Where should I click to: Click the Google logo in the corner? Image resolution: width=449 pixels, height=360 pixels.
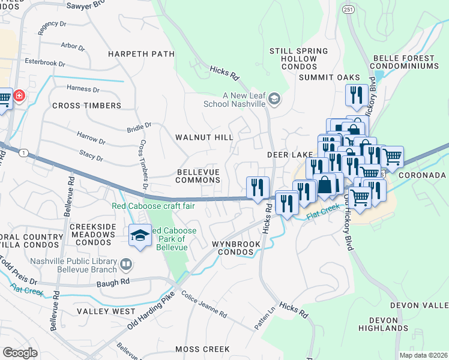tap(20, 352)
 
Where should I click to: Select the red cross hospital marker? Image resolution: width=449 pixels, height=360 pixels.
tap(19, 96)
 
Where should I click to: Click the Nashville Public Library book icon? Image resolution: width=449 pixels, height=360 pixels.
tap(126, 264)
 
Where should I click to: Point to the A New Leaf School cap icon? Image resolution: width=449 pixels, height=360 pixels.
tap(274, 99)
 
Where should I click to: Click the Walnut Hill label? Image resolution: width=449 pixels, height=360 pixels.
tap(203, 137)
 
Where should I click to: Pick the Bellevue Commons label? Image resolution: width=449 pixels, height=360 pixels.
tap(198, 176)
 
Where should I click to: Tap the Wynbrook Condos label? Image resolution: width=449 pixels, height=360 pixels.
tap(236, 248)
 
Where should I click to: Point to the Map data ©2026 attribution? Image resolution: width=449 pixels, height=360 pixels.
tap(423, 355)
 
